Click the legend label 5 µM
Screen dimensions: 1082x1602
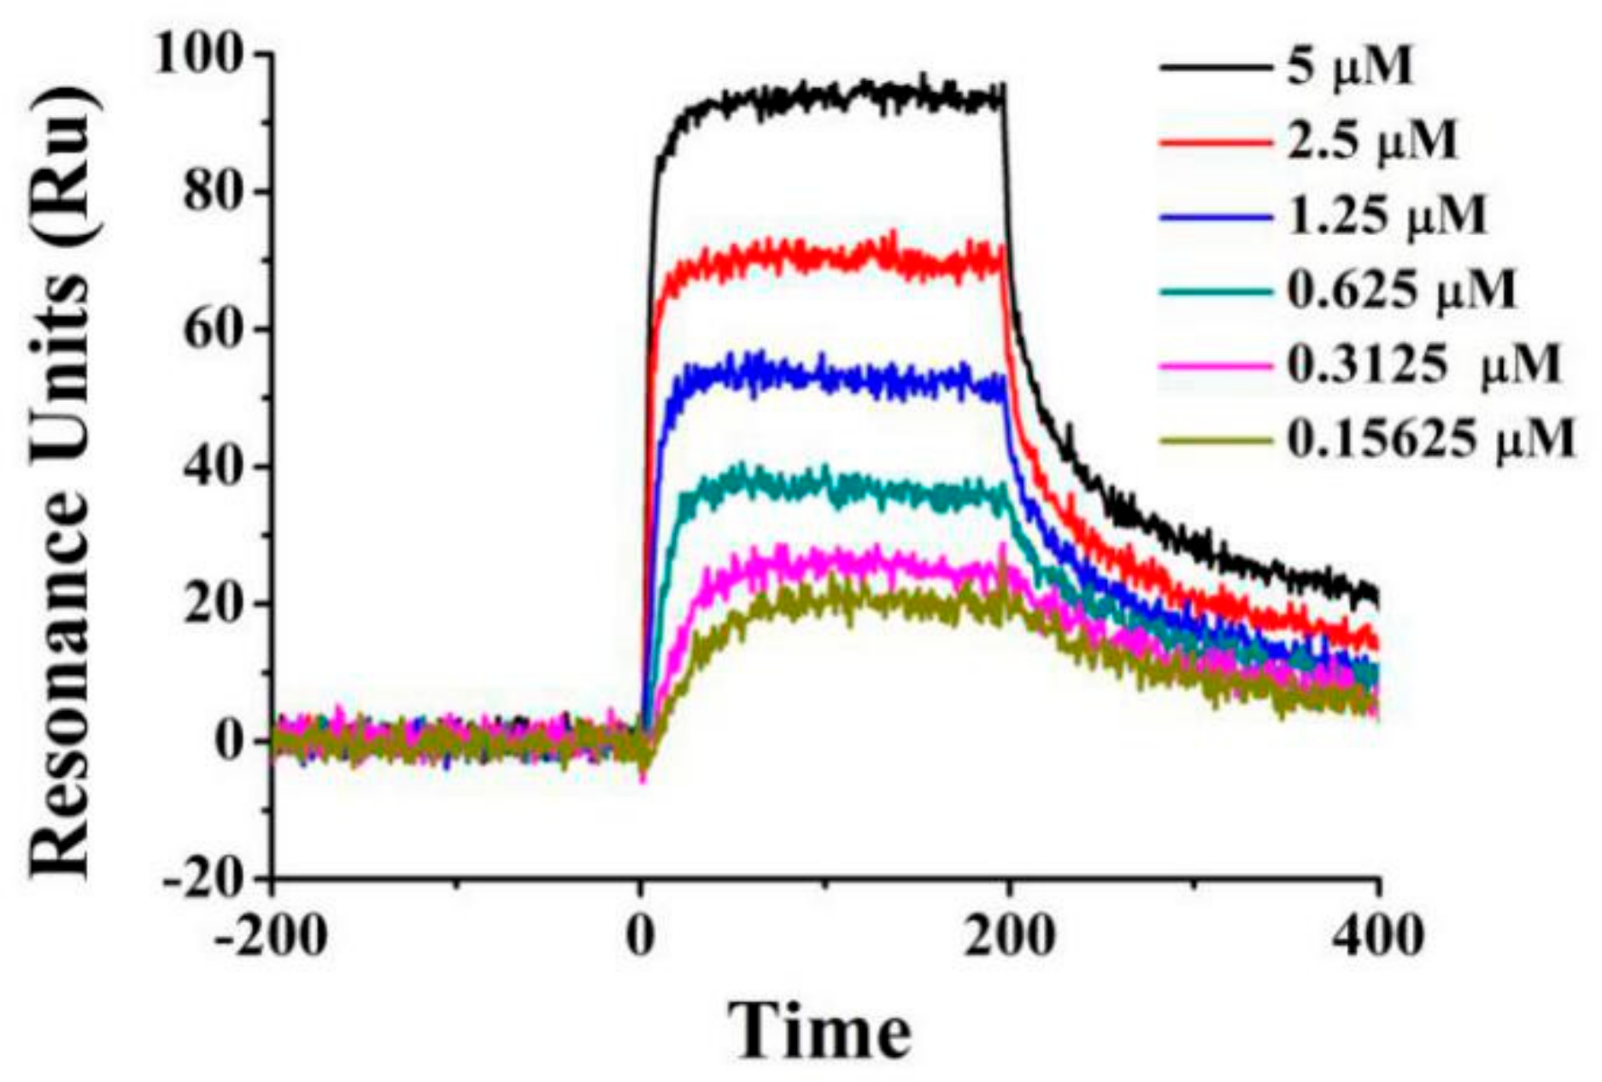click(x=1350, y=67)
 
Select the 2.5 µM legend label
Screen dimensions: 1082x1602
click(x=1370, y=141)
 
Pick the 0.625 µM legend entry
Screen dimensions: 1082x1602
click(x=1401, y=291)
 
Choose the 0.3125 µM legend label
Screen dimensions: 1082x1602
click(x=1423, y=365)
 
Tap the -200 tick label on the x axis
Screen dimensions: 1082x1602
click(x=271, y=936)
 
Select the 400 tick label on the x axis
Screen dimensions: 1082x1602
click(x=1378, y=936)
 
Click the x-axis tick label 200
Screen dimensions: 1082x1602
click(x=1009, y=936)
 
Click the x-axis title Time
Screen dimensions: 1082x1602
click(x=820, y=1030)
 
